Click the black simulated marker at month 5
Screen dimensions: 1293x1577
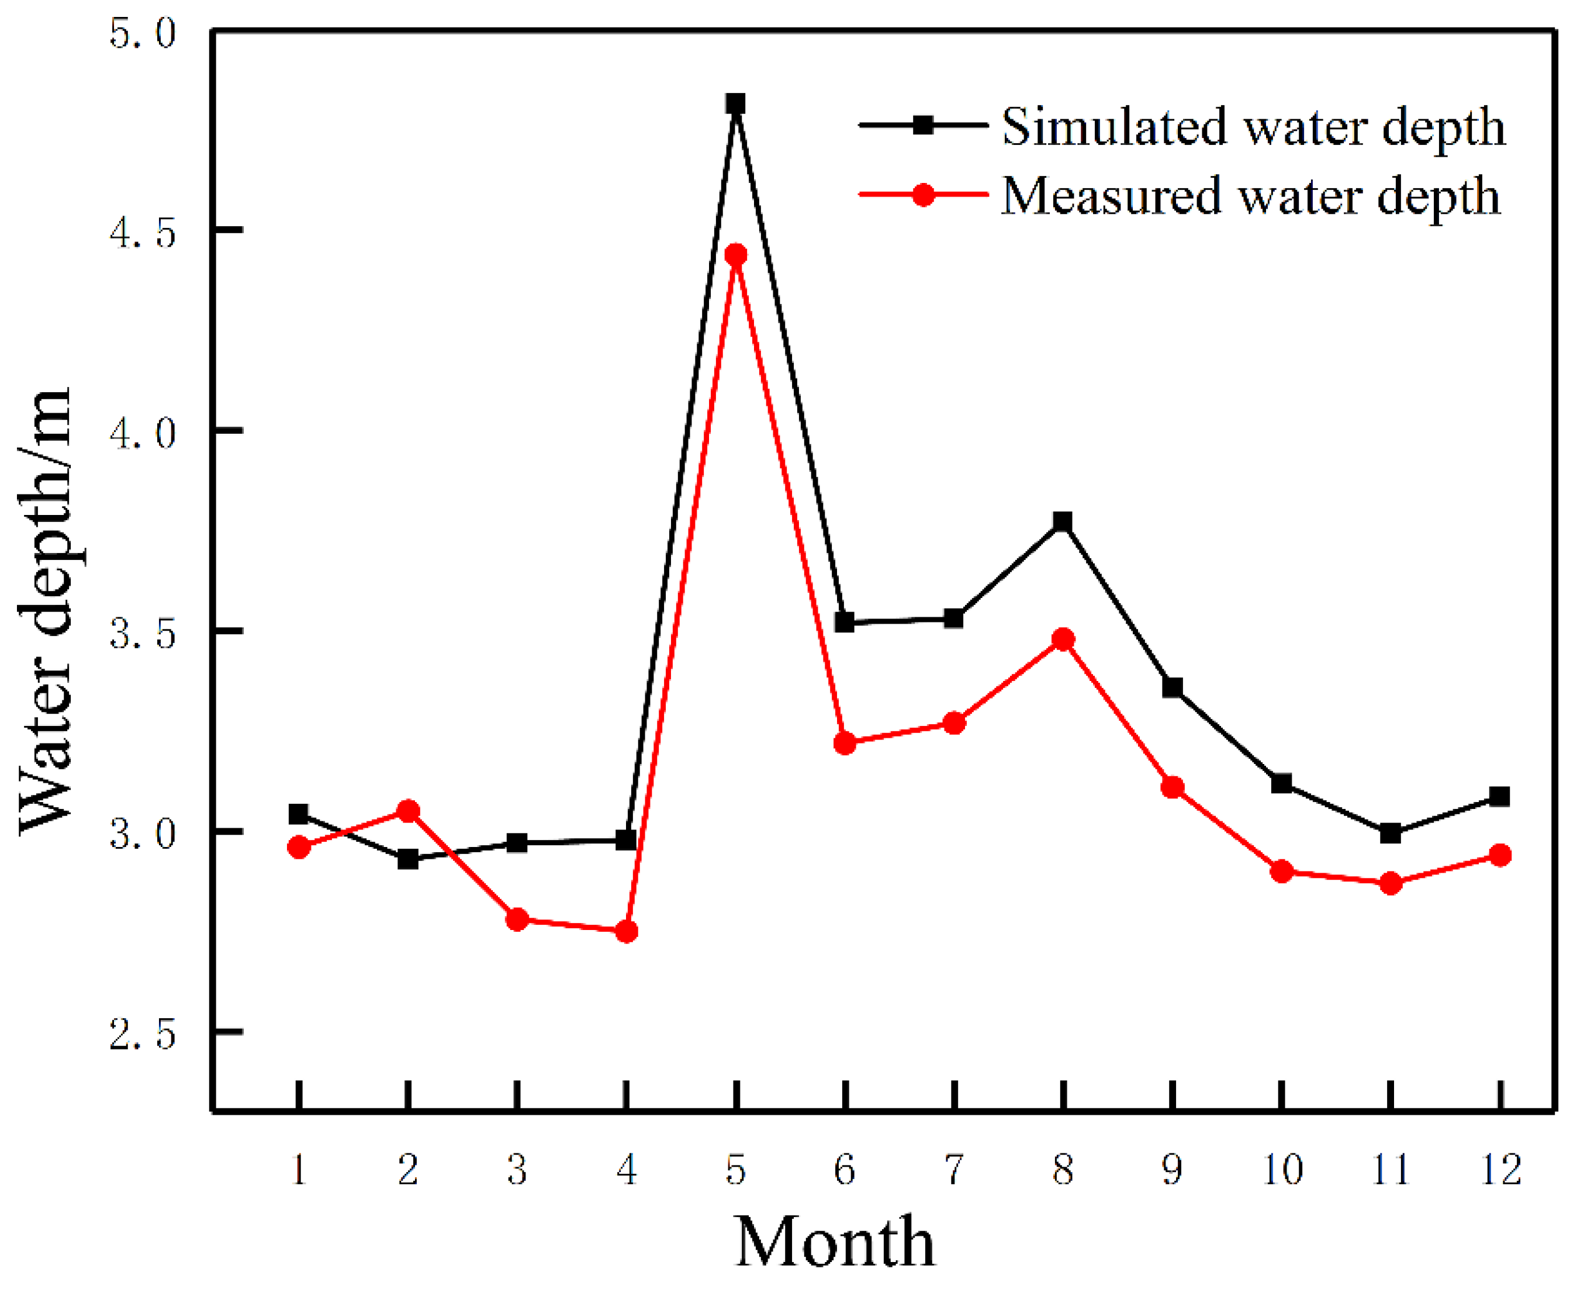click(736, 103)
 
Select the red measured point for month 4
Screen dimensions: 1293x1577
click(626, 932)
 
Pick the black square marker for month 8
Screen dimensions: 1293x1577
click(1063, 521)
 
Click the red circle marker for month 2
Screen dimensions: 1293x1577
click(408, 810)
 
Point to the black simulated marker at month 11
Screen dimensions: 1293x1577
click(1390, 834)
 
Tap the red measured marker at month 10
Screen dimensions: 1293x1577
click(1281, 871)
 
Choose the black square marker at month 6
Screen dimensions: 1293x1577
click(845, 622)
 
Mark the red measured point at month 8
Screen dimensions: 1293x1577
click(1063, 639)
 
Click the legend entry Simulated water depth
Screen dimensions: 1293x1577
click(1253, 127)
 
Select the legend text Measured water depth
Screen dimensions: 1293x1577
click(1250, 196)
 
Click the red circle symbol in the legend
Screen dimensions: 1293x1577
click(924, 195)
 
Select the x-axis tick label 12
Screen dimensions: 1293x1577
click(1500, 1170)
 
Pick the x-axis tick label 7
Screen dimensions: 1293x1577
click(954, 1170)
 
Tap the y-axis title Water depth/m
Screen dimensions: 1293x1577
click(46, 611)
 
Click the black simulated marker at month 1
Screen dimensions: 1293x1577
click(299, 814)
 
